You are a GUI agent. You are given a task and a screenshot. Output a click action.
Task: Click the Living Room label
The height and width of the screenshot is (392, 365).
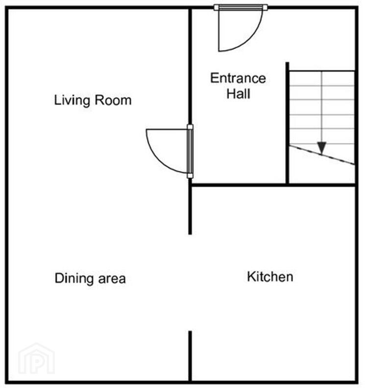pos(93,100)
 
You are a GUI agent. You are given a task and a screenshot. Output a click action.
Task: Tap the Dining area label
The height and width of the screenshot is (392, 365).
pos(90,278)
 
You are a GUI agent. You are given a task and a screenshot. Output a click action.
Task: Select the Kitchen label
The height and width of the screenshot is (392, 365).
pos(270,277)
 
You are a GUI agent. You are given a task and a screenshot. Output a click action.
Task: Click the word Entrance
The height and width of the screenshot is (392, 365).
pos(238,78)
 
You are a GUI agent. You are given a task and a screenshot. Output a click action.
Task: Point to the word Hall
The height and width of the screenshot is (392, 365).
pos(238,94)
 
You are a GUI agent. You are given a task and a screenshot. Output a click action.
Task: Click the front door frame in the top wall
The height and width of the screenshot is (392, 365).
pos(241,7)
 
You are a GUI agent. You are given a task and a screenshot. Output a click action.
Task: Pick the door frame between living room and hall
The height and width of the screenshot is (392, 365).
pos(190,151)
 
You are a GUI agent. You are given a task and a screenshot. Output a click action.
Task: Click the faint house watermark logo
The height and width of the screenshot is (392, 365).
pos(36,359)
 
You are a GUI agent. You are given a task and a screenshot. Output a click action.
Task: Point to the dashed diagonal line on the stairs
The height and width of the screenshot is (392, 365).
pos(322,155)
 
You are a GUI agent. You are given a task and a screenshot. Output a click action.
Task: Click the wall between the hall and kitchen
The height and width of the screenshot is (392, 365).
pos(273,185)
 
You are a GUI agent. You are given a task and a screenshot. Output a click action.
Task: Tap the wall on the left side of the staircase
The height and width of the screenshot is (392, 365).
pos(288,123)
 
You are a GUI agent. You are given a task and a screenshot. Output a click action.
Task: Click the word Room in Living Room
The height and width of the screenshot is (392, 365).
pos(113,100)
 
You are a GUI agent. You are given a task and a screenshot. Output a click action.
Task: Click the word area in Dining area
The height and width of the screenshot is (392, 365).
pos(112,279)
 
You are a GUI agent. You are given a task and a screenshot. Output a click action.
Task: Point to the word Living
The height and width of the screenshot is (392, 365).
pos(72,100)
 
